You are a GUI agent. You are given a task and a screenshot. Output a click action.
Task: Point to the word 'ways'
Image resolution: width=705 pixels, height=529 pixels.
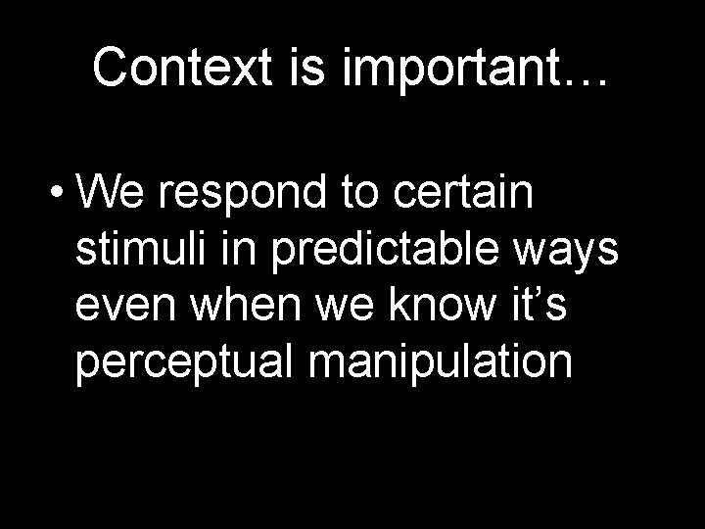(x=576, y=255)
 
